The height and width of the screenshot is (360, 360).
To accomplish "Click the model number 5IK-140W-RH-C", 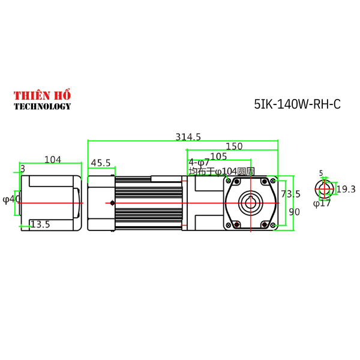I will click(297, 104).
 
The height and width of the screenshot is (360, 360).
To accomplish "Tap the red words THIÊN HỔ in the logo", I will click(42, 95).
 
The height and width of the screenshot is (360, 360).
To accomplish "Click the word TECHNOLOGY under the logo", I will click(42, 106).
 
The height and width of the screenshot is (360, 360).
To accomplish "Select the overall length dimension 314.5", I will click(188, 137).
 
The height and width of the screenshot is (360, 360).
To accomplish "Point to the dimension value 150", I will click(233, 146).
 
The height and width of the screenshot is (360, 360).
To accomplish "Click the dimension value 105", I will click(218, 157).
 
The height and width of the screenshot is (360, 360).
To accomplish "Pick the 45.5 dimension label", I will click(101, 163).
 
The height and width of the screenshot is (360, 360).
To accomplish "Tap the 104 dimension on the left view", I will click(53, 159).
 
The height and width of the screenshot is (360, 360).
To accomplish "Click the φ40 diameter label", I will click(11, 199).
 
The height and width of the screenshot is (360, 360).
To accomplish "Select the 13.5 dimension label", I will click(40, 224).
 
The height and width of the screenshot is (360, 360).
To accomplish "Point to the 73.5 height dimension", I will click(290, 194).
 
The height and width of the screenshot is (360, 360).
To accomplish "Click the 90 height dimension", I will click(294, 212).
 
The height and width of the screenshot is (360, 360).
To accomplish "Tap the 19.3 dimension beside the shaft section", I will click(346, 190).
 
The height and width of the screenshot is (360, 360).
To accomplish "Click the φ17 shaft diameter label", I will click(322, 203).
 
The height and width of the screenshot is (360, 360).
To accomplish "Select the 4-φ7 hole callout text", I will click(199, 163).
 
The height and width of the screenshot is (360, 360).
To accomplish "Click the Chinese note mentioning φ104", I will click(221, 171).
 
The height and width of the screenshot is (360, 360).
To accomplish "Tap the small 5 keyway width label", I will click(321, 173).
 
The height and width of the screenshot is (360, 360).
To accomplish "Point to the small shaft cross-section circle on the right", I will click(324, 189).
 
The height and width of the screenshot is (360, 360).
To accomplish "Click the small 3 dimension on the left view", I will click(22, 169).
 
